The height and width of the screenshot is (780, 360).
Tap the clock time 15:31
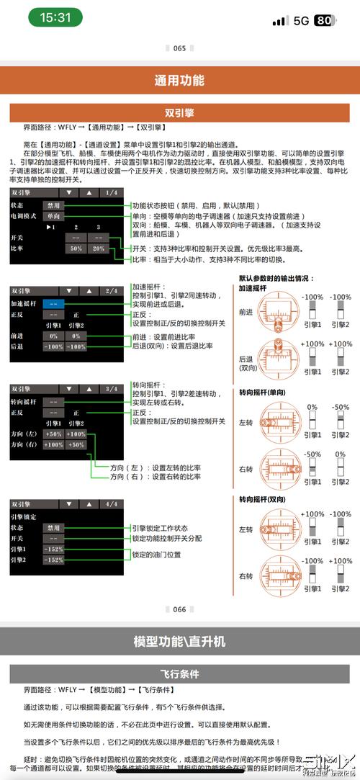coord(55,18)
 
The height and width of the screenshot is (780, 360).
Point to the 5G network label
coord(301,20)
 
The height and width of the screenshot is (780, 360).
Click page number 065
coord(179,48)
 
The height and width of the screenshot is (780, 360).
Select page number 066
coord(179,609)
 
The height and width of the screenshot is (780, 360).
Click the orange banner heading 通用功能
coord(179,81)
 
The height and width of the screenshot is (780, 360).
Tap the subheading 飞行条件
coord(179,674)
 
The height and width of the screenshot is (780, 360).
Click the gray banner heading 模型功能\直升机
coord(179,641)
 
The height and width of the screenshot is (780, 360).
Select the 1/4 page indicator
coord(112,193)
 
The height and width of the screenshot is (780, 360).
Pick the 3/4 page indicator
coord(112,389)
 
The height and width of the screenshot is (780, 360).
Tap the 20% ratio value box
coord(98,248)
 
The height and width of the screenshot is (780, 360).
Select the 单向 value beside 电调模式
coord(54,215)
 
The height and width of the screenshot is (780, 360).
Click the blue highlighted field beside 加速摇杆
coord(54,302)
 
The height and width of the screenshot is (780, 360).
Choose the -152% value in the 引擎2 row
coord(54,560)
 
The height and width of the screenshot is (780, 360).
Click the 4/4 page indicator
coord(112,503)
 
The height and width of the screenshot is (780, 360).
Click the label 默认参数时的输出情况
coord(277,278)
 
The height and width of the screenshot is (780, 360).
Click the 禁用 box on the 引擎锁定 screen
coord(54,526)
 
